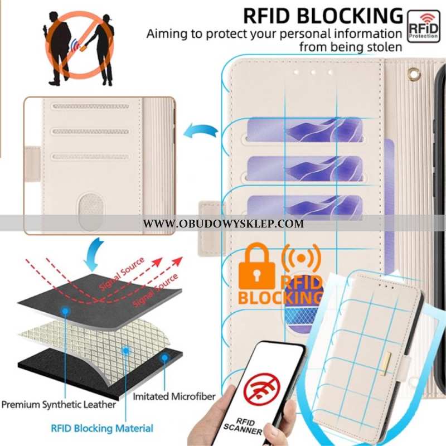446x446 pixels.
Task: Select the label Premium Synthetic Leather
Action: coord(59,404)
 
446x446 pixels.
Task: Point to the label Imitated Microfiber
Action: coord(173,396)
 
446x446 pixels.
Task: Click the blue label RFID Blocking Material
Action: coord(102,428)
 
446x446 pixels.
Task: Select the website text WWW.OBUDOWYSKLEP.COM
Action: coord(224,224)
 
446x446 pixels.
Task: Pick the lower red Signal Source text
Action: coord(154,292)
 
